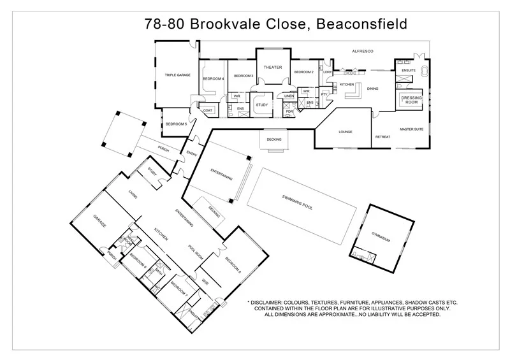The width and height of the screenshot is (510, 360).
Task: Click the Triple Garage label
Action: [x=178, y=75]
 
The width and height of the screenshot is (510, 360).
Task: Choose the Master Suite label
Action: [x=412, y=129]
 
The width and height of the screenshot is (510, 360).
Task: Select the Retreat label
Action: [x=382, y=136]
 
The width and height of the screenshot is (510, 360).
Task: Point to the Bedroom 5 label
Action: [x=176, y=124]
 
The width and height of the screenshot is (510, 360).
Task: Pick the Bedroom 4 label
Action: [x=213, y=78]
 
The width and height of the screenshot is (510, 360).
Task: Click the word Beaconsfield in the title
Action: [x=358, y=24]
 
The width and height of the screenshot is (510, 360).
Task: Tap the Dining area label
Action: [x=373, y=89]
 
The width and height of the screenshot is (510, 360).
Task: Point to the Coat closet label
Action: [x=208, y=110]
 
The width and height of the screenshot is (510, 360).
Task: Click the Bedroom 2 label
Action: [x=304, y=72]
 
